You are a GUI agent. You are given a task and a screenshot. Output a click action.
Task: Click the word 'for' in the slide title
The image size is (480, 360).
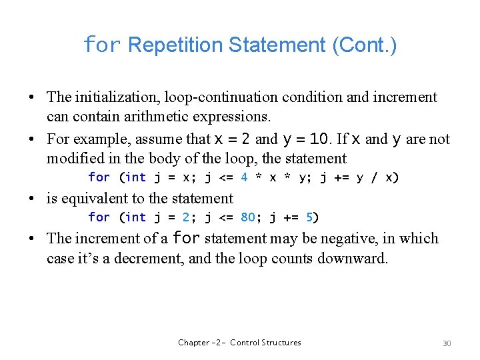point(102,45)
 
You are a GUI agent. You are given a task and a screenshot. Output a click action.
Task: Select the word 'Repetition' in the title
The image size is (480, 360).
point(175,45)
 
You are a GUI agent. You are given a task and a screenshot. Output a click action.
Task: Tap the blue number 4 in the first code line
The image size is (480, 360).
point(244,177)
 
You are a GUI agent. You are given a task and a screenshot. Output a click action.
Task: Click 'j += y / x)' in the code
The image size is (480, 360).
point(363,177)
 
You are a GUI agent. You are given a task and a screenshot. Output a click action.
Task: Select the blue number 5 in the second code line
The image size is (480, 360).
point(309,217)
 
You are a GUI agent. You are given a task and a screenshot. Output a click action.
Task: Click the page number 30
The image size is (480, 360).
point(447,343)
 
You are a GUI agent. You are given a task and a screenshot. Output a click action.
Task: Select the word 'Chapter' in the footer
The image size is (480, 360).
point(193,343)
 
